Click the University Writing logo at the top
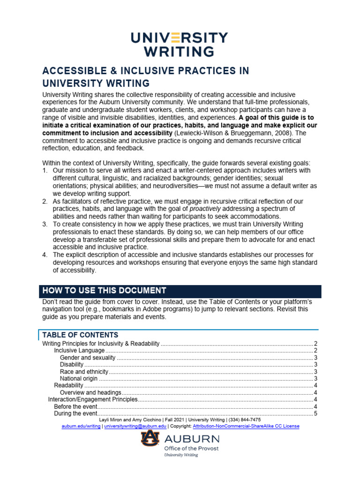(180, 44)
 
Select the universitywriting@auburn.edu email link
(135, 426)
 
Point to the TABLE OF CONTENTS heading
(80, 335)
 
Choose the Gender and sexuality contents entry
(87, 358)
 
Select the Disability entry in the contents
(72, 364)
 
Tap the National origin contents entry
(79, 378)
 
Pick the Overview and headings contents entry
(90, 392)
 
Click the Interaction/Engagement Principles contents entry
(93, 399)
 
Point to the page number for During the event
(315, 413)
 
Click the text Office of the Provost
(191, 448)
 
